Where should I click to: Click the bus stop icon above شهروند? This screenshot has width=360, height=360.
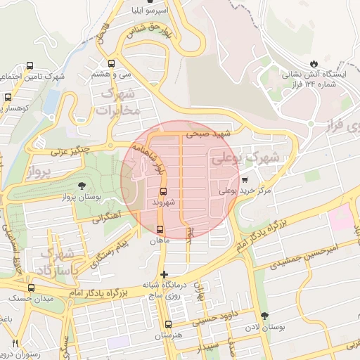pos(164,191)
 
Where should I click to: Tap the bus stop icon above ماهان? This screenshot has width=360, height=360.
pos(160,229)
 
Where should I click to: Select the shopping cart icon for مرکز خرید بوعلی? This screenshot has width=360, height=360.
pos(245,180)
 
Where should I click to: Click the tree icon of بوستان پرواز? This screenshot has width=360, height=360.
pos(83,186)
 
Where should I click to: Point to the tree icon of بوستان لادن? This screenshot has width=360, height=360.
pos(264,316)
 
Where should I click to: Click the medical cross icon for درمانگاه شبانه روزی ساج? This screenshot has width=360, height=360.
pos(164,274)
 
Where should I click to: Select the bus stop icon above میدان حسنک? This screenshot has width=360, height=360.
pos(30,288)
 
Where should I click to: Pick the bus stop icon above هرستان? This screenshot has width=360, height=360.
pos(167,324)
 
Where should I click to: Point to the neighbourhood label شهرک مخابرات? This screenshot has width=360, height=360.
pos(117,103)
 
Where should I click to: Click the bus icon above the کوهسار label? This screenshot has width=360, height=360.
pos(8,98)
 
